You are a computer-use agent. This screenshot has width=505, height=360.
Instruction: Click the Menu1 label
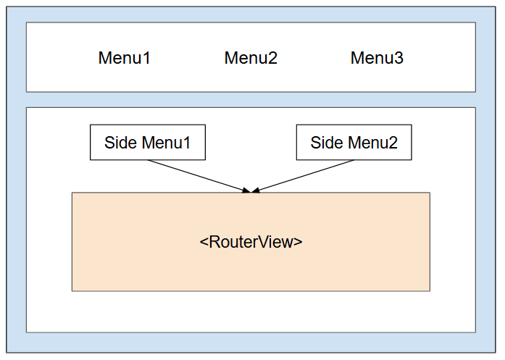click(125, 58)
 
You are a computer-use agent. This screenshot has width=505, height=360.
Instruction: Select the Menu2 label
click(251, 58)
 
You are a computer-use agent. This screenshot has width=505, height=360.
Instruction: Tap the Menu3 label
click(377, 58)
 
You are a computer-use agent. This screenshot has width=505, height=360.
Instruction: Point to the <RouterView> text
click(251, 242)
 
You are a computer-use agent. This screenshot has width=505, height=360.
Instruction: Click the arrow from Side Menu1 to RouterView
click(199, 176)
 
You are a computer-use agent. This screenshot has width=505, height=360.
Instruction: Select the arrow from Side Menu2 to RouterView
click(302, 176)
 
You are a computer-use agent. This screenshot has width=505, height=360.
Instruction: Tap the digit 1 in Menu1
click(146, 58)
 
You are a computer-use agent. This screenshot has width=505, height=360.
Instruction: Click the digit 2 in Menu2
click(272, 58)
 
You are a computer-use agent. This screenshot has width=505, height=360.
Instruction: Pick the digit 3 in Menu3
click(398, 58)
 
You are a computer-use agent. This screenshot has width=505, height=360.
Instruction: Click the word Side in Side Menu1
click(121, 143)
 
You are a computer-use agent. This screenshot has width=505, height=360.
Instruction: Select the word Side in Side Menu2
click(327, 143)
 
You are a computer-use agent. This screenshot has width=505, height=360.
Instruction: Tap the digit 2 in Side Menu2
click(393, 143)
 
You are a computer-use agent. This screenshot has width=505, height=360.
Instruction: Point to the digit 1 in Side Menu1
click(186, 143)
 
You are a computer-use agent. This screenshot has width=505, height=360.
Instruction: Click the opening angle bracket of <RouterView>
click(204, 242)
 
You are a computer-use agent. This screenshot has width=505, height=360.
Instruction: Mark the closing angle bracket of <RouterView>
click(298, 242)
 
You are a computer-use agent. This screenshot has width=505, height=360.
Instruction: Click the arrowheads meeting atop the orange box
click(251, 190)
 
